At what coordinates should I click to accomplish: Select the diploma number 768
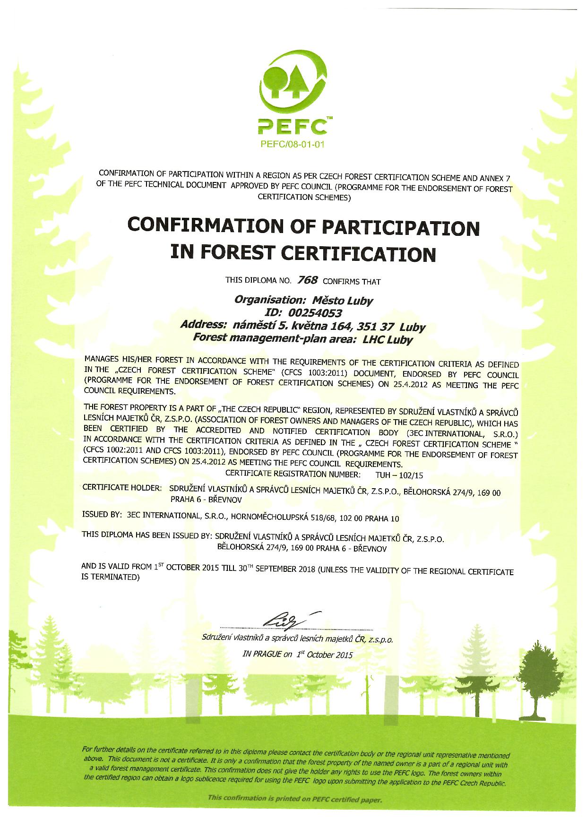[x=307, y=280]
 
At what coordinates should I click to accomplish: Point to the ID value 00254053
[x=312, y=313]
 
